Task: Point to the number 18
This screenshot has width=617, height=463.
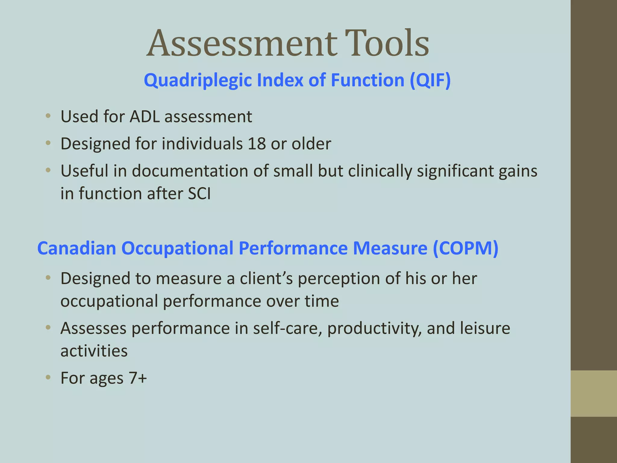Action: pos(257,144)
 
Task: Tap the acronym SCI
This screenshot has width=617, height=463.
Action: pos(199,194)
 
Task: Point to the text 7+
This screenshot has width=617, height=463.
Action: pos(138,378)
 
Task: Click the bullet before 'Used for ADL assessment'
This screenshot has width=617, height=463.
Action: pos(48,116)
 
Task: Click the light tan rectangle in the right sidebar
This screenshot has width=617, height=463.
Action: pos(594,393)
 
